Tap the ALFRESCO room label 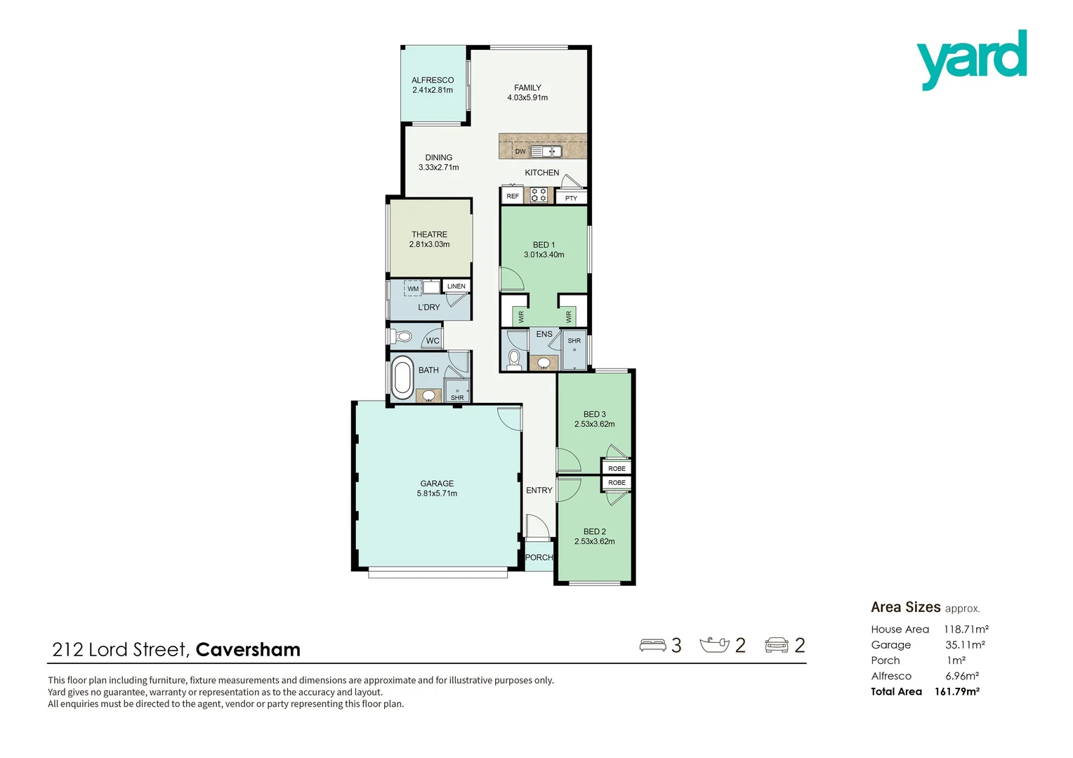(x=433, y=80)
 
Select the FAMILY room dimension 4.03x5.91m (x=527, y=98)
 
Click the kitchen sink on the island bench (x=546, y=151)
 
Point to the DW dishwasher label (x=520, y=151)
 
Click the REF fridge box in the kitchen (x=513, y=196)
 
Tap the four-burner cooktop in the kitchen (x=539, y=194)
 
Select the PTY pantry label (x=571, y=198)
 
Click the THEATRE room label (x=429, y=234)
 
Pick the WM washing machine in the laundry (x=413, y=288)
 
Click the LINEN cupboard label (x=456, y=286)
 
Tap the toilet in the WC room (x=402, y=337)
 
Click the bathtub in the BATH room (x=402, y=378)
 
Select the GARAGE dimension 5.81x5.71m (x=437, y=493)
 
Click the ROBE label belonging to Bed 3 (x=617, y=468)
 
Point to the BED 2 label (x=594, y=531)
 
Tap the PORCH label (x=539, y=557)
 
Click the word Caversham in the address (x=248, y=649)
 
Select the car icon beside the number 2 (x=776, y=644)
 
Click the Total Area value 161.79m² (x=956, y=691)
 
